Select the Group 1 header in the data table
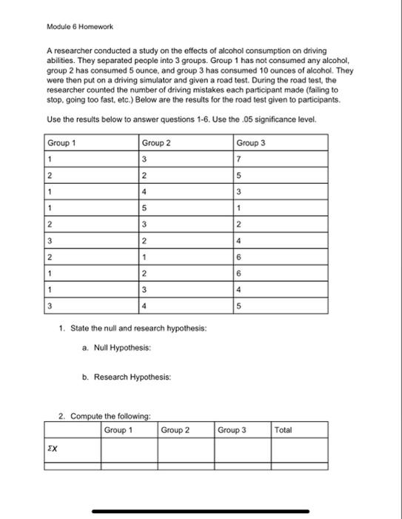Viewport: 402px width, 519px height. pos(61,142)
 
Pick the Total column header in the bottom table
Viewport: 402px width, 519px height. pos(284,429)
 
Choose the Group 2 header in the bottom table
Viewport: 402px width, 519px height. pos(175,429)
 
